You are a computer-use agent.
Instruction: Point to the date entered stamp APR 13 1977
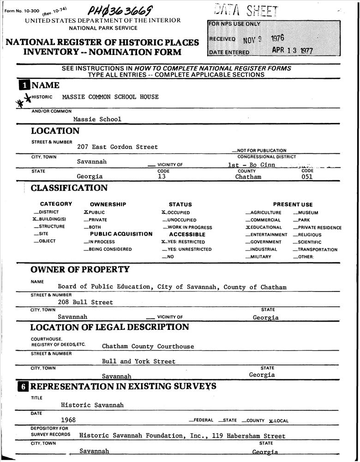tap(292, 51)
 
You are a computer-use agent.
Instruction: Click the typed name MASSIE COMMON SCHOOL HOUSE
tap(110, 97)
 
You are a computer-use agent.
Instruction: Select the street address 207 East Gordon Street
tap(117, 147)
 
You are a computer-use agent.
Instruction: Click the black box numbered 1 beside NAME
tap(24, 85)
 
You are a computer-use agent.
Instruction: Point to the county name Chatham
tap(248, 176)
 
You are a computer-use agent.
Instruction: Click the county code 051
tap(306, 176)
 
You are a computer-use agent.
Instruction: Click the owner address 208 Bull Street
tap(85, 302)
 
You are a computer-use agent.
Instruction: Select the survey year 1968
tap(68, 420)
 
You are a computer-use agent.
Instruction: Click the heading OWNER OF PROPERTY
tap(80, 269)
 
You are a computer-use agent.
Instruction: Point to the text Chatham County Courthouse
tap(148, 346)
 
